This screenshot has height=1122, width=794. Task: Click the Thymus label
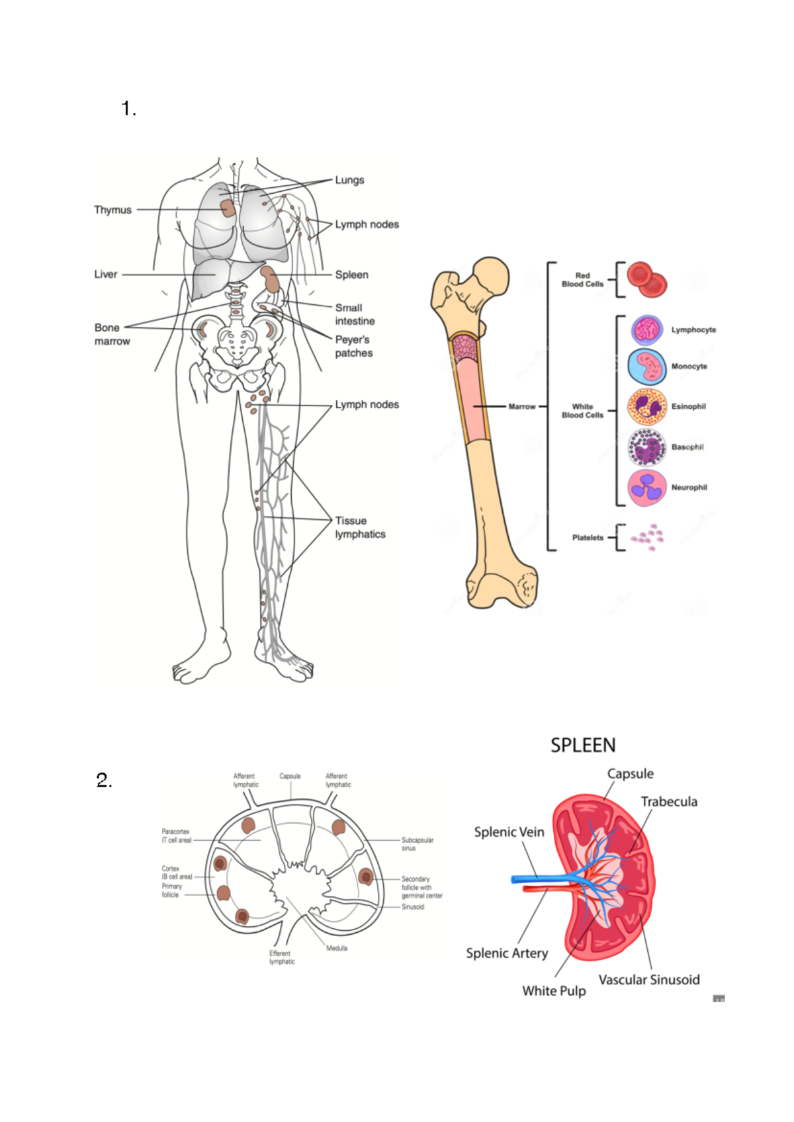[x=112, y=210]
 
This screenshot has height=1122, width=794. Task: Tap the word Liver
[x=105, y=274]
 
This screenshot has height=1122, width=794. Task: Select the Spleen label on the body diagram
[x=351, y=275]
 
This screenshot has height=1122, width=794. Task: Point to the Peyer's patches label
[x=353, y=346]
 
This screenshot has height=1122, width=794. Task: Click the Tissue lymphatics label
[x=360, y=527]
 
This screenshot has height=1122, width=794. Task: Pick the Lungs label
[x=349, y=180]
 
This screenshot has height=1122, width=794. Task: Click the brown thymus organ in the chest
[x=228, y=208]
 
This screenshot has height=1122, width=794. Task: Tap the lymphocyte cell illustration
[x=646, y=329]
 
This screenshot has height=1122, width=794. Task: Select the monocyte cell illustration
[x=646, y=367]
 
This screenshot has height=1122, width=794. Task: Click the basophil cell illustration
[x=646, y=447]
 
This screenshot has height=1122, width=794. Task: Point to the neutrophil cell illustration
[x=646, y=488]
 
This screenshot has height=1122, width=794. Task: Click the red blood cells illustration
[x=646, y=279]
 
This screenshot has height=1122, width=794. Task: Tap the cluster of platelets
[x=648, y=537]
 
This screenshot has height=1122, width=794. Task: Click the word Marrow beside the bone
[x=521, y=406]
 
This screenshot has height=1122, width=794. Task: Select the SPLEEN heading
[x=583, y=746]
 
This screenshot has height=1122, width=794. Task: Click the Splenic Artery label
[x=507, y=953]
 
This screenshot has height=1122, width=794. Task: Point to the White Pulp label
[x=554, y=990]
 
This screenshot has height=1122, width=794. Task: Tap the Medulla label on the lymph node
[x=337, y=948]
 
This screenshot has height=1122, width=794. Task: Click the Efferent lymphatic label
[x=281, y=957]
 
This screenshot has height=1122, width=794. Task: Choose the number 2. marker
[x=105, y=781]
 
